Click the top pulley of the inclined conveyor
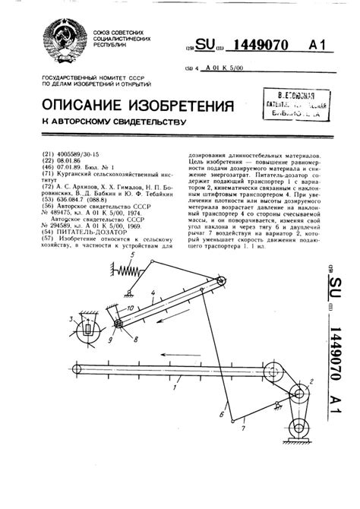pos(225,283)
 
